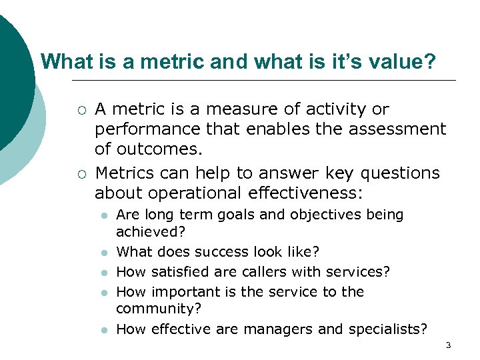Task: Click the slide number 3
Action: pyautogui.click(x=448, y=345)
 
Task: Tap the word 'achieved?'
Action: pyautogui.click(x=151, y=231)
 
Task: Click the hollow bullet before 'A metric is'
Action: pyautogui.click(x=80, y=109)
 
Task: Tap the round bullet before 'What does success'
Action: pyautogui.click(x=104, y=253)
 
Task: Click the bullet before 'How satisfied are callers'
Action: pyautogui.click(x=104, y=273)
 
